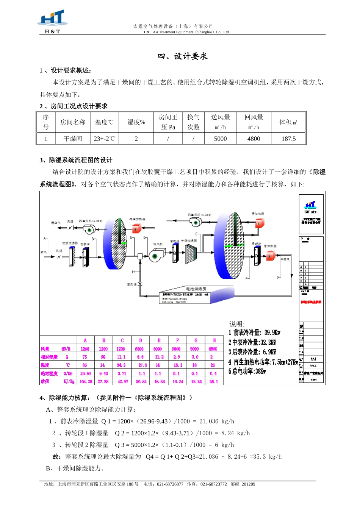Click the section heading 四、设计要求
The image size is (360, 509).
pyautogui.click(x=183, y=56)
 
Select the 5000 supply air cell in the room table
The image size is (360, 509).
pyautogui.click(x=220, y=139)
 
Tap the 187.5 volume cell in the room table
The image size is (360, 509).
pyautogui.click(x=288, y=139)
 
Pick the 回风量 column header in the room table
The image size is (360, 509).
pyautogui.click(x=254, y=122)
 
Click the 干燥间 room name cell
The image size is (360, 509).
pyautogui.click(x=73, y=139)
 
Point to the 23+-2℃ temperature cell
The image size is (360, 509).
pyautogui.click(x=104, y=139)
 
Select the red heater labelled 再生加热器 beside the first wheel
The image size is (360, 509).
pyautogui.click(x=136, y=228)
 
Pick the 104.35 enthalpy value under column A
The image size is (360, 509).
pyautogui.click(x=86, y=381)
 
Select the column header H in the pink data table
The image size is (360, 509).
pyautogui.click(x=214, y=340)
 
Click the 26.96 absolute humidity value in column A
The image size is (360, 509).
pyautogui.click(x=85, y=373)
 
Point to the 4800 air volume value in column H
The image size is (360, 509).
pyautogui.click(x=213, y=349)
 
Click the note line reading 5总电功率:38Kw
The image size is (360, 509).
pyautogui.click(x=247, y=372)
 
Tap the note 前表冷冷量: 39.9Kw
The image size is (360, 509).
pyautogui.click(x=254, y=333)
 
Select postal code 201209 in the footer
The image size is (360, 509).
pyautogui.click(x=248, y=484)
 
